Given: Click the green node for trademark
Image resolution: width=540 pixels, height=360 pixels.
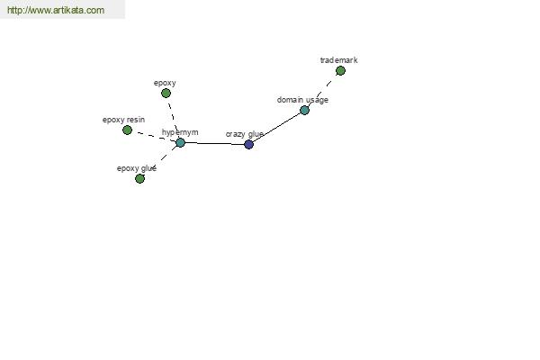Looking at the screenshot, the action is tap(340, 70).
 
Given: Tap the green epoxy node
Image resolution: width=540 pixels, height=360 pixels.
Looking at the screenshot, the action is tap(166, 93).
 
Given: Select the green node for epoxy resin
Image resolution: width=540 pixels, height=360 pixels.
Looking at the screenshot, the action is tap(127, 130).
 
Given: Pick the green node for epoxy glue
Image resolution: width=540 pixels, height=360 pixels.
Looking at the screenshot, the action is tap(139, 178).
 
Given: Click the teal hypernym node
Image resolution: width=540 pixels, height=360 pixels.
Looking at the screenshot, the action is tap(180, 142).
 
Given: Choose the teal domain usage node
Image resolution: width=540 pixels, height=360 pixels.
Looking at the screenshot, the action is tap(304, 110).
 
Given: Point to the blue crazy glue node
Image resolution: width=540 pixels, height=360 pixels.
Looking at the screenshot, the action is tap(248, 144).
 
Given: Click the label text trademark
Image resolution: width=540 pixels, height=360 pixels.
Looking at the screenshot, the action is tap(339, 60).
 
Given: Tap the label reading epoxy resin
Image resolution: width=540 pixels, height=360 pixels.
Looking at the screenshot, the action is tap(123, 120).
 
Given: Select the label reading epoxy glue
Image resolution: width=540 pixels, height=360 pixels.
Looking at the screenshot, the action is tap(137, 168).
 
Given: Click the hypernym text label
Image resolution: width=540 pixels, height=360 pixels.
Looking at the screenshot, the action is tap(180, 132).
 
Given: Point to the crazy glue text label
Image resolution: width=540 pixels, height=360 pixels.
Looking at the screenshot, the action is tap(245, 134).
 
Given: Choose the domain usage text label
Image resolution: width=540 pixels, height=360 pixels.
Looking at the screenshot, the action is tap(302, 100).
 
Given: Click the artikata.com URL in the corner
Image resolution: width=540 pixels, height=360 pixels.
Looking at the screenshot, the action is tap(56, 10).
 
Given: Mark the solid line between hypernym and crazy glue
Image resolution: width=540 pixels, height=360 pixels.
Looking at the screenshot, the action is tap(214, 143).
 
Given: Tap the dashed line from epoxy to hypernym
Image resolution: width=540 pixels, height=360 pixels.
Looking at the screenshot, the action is tap(173, 118).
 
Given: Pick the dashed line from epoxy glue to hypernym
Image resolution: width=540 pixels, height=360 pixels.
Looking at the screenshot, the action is tap(160, 160).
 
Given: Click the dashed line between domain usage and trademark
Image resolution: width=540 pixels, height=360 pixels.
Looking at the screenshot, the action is tap(322, 91).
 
